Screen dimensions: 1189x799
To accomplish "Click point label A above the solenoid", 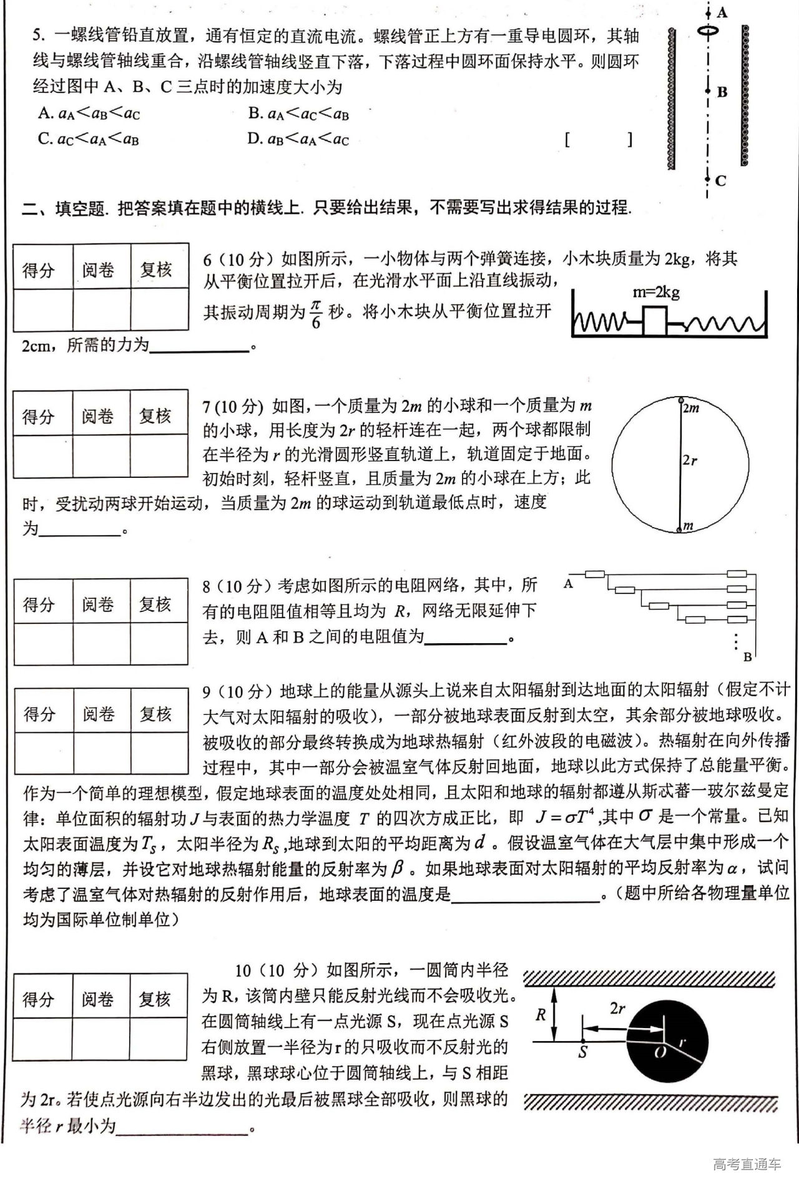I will point(722,12).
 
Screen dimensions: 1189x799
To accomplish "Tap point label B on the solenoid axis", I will point(722,92).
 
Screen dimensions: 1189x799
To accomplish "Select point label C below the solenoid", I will point(721,181).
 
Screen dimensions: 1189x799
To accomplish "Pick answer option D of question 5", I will point(298,138).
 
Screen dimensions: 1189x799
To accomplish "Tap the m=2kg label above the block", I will point(656,292).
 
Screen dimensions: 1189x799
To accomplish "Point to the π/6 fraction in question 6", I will point(316,313).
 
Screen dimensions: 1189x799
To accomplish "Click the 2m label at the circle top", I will point(690,408).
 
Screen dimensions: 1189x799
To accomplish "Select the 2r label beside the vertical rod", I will point(690,460).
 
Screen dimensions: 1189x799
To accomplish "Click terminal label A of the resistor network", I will point(568,584).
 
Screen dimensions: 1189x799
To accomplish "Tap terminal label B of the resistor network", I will point(748,657).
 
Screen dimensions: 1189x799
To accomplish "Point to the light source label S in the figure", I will point(583,1052).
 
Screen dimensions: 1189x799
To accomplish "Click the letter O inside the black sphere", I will point(660,1052).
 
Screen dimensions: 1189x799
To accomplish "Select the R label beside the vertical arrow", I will point(541,1015).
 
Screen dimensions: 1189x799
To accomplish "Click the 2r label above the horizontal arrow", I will point(617,1008).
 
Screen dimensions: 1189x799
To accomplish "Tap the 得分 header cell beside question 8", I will point(39,604).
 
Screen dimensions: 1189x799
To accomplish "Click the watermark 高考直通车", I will point(747,1164).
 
